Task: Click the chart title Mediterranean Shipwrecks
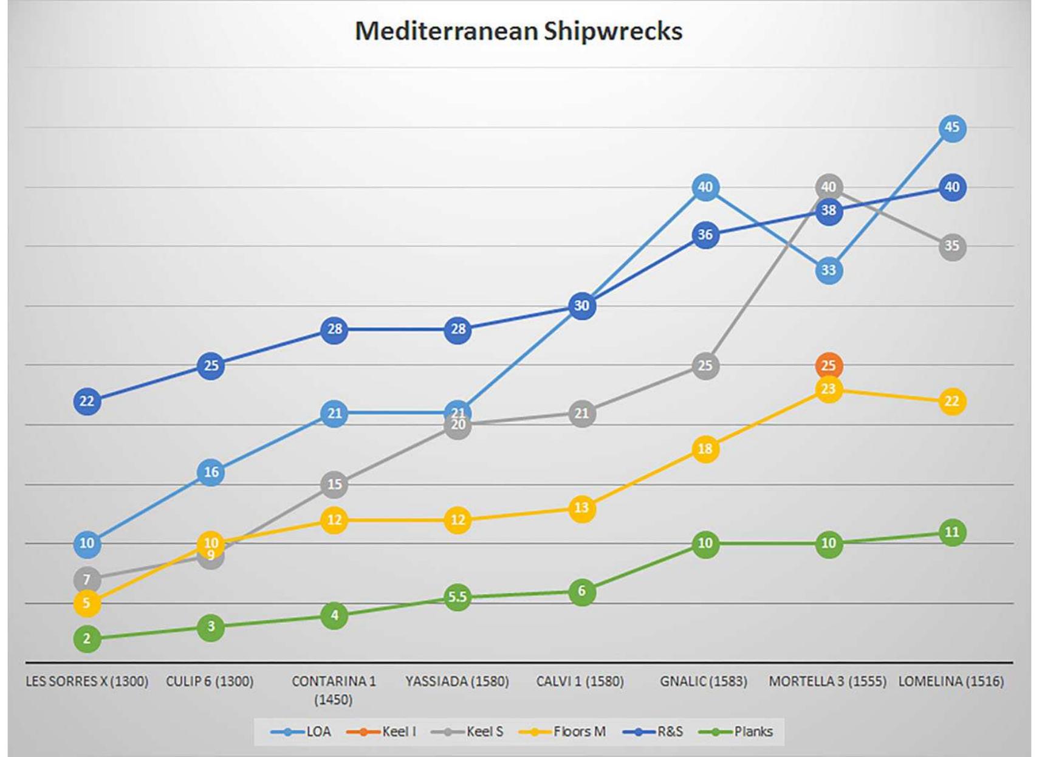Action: click(x=518, y=31)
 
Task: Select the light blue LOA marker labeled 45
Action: click(x=951, y=128)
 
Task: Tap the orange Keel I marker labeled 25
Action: click(x=828, y=366)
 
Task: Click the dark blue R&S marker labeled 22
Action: click(x=87, y=401)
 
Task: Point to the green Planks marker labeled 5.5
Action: click(x=458, y=598)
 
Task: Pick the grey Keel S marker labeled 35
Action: click(x=951, y=246)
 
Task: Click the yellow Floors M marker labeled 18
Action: click(x=705, y=449)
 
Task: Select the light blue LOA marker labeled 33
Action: click(x=828, y=270)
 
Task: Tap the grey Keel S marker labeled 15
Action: click(x=334, y=485)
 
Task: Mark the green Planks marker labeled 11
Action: click(x=951, y=533)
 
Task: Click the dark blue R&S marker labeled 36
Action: click(x=705, y=235)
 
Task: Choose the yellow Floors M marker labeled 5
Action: click(x=87, y=603)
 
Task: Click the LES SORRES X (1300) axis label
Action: click(x=87, y=682)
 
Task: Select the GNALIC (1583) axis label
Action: click(x=704, y=682)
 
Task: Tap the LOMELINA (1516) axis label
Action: click(x=951, y=682)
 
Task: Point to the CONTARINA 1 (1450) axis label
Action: click(x=334, y=690)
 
